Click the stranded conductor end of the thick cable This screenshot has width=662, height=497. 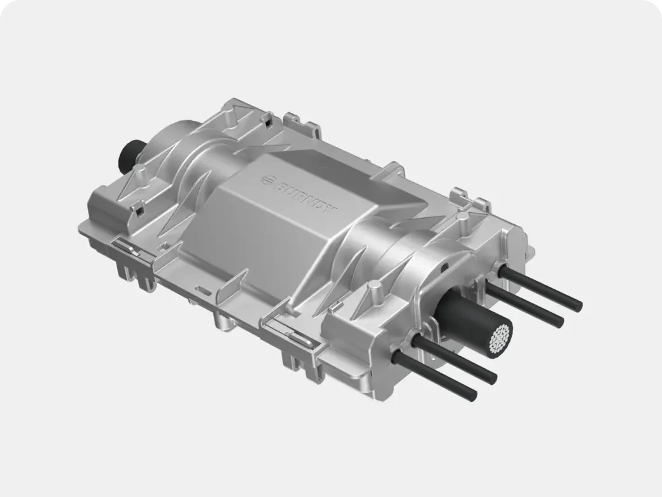500,338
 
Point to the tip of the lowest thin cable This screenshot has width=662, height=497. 472,395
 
